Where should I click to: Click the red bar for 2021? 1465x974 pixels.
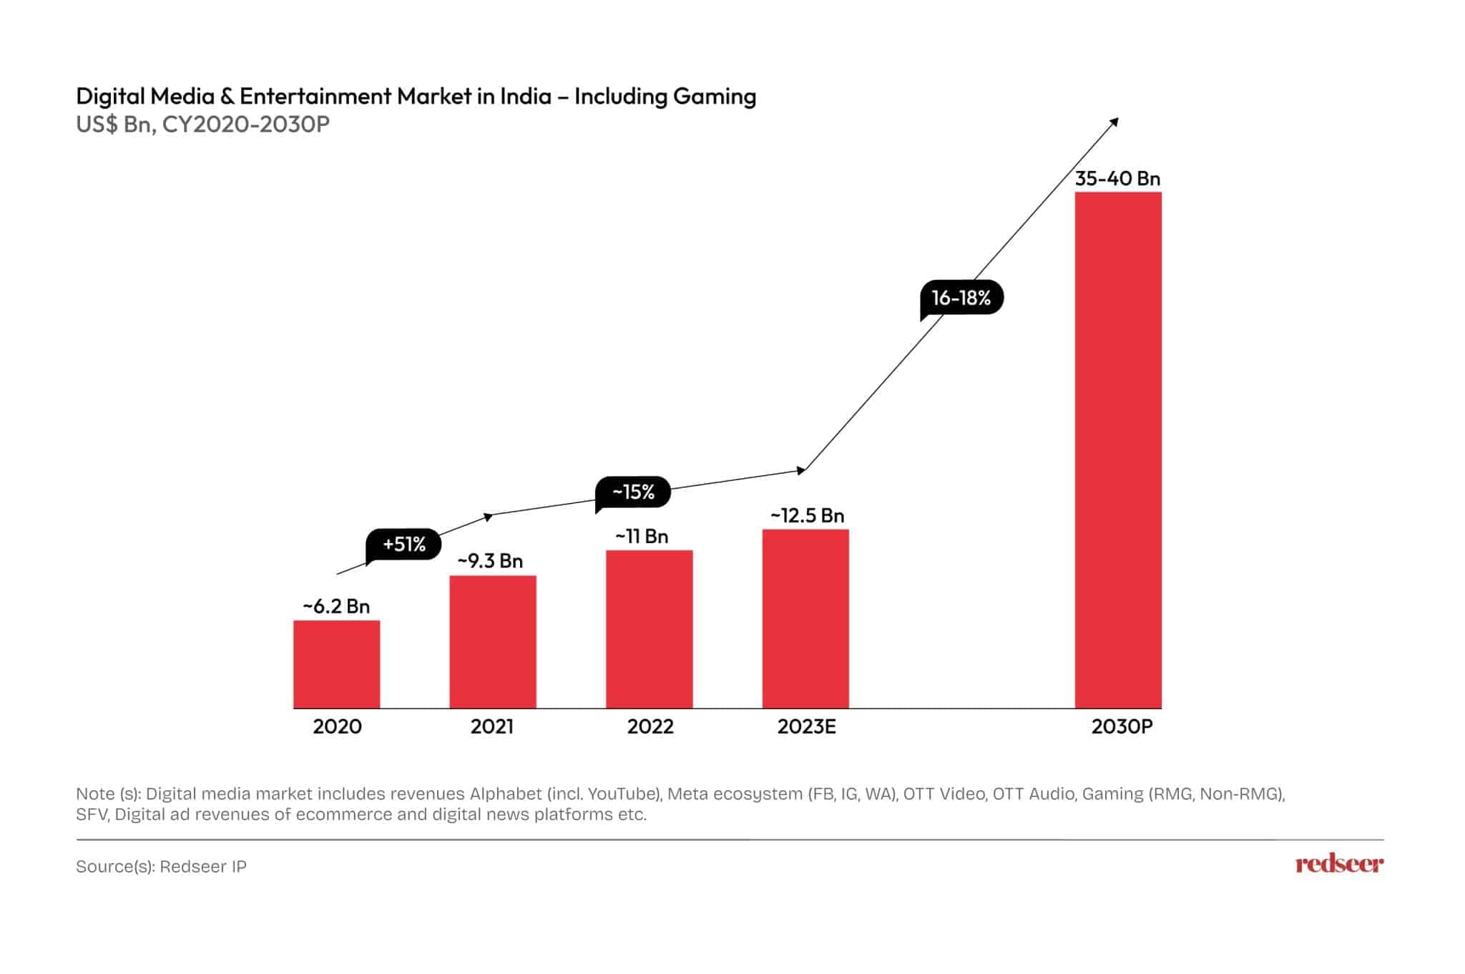(492, 642)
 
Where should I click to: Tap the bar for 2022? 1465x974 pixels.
(649, 629)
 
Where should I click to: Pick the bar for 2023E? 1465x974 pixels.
(805, 619)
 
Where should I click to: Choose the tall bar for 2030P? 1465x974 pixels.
(1118, 450)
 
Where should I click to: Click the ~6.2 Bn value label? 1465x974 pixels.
(336, 606)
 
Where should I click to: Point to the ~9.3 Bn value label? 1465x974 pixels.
(491, 560)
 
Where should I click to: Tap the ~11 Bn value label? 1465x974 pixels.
(642, 536)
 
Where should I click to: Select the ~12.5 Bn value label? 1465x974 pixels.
(807, 515)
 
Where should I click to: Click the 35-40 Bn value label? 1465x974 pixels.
(1117, 178)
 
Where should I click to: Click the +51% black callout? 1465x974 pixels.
(404, 545)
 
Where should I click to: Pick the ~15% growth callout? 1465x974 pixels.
(633, 492)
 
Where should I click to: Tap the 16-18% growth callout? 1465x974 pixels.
(961, 298)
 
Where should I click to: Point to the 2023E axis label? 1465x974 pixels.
(806, 727)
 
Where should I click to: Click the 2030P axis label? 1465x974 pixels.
(1122, 727)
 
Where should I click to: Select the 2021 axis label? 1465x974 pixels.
(492, 727)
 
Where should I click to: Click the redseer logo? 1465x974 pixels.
(1339, 865)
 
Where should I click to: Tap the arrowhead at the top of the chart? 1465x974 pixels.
(1114, 122)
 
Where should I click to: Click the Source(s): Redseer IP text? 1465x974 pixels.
(161, 867)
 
